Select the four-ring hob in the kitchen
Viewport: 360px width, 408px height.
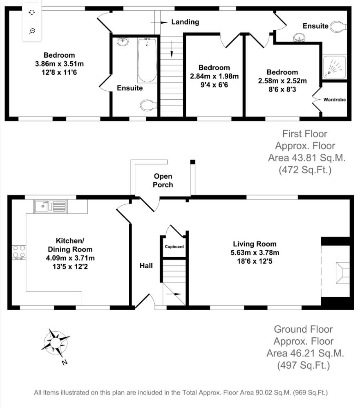(19, 251)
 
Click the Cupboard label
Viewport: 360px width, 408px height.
(174, 247)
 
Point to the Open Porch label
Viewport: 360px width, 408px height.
(163, 180)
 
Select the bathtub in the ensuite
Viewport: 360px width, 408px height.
(147, 60)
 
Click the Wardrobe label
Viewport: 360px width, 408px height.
(335, 99)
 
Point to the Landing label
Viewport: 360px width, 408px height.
(185, 22)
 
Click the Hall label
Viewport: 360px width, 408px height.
(146, 266)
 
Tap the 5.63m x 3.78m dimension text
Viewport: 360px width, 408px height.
(253, 253)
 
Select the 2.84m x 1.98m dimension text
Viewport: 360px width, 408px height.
(214, 76)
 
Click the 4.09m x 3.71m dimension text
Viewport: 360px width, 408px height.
(74, 258)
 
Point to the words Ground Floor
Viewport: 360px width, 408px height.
(303, 329)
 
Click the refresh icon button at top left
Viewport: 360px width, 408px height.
(32, 12)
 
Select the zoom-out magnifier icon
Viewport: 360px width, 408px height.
(32, 31)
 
